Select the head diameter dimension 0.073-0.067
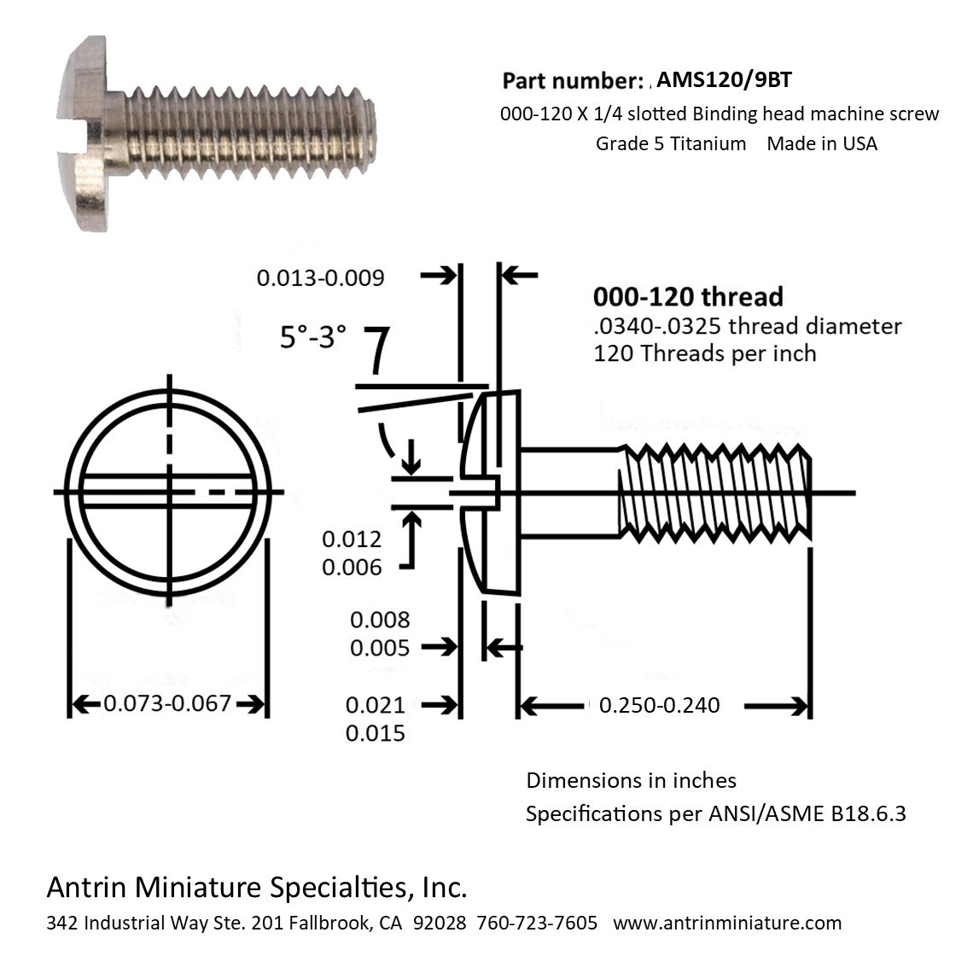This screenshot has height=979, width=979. (167, 703)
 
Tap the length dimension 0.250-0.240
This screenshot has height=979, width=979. (659, 705)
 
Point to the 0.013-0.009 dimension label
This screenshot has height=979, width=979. (321, 277)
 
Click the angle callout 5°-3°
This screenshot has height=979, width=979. (313, 337)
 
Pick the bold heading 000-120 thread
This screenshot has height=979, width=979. (688, 297)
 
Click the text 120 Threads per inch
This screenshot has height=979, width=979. (704, 353)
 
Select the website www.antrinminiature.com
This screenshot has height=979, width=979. (727, 923)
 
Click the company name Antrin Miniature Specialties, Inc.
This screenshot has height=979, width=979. (256, 888)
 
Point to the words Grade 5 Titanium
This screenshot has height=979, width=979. (671, 143)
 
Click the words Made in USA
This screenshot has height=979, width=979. (821, 143)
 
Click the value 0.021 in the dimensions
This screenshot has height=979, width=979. (375, 705)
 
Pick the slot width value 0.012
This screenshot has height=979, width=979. (351, 539)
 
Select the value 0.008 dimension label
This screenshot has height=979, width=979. (380, 620)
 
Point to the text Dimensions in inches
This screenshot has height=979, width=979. (631, 780)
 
